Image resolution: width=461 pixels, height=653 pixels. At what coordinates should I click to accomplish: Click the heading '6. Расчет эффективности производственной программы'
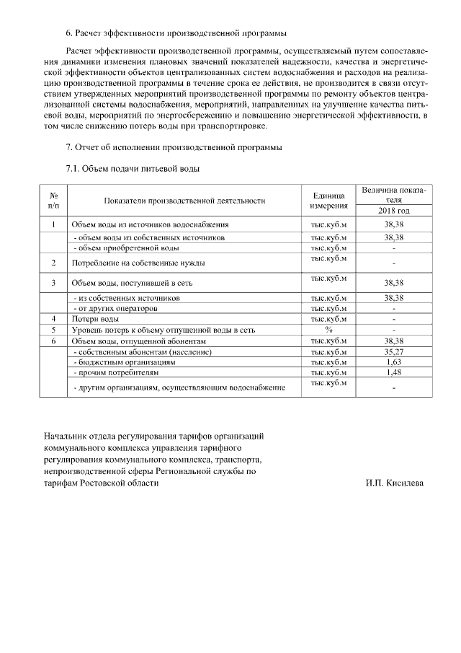(175, 33)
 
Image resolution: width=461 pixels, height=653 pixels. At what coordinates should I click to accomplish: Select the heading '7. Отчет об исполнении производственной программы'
(174, 148)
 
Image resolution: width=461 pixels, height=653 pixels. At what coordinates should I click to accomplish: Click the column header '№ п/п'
(53, 201)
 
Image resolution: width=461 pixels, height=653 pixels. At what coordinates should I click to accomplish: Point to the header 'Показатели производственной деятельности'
(184, 201)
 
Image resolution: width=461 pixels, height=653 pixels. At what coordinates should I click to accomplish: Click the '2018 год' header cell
(393, 211)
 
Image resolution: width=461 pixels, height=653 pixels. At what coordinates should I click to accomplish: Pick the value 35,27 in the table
(393, 351)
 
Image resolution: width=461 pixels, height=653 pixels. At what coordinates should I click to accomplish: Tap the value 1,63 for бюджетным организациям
(393, 361)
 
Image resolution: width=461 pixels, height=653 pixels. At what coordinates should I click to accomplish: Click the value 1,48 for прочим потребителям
(393, 372)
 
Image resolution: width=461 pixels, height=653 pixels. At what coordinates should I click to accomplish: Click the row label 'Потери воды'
(95, 318)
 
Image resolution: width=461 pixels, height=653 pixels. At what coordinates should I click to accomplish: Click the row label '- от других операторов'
(115, 308)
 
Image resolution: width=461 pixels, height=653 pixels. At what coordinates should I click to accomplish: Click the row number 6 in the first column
(53, 340)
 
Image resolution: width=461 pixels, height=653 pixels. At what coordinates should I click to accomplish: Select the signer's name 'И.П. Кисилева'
(395, 483)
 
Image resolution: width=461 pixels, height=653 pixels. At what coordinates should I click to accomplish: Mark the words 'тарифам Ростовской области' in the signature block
(100, 483)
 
